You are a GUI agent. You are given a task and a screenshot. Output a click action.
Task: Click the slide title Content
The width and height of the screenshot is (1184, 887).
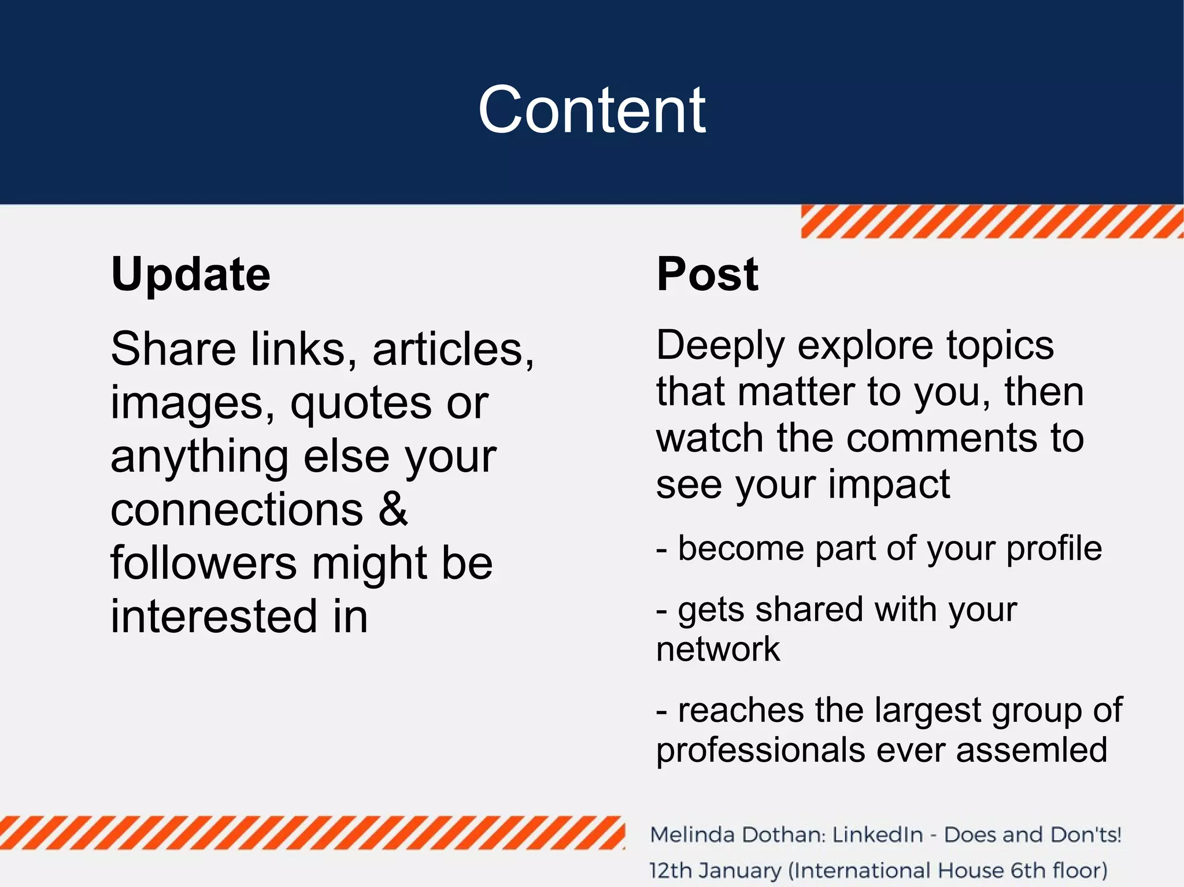coord(591,110)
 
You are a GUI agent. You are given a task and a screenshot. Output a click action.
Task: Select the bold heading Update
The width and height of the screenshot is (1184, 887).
coord(190,274)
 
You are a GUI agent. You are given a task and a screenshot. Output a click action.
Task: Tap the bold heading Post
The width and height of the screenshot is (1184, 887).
coord(707,274)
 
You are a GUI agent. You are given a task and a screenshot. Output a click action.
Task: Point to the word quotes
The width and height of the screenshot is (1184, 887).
coord(360,403)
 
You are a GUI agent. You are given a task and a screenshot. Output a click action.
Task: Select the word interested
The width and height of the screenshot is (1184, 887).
coord(214,616)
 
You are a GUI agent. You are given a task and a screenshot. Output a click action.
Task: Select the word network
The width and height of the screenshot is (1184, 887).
coord(717,649)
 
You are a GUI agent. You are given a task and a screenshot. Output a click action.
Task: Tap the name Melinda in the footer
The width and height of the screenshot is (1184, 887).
coord(691,835)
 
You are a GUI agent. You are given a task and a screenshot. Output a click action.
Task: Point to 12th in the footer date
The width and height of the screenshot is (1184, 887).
coord(670,870)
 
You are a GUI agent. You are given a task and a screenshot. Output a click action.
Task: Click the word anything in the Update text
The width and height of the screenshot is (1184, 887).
coord(199,457)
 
